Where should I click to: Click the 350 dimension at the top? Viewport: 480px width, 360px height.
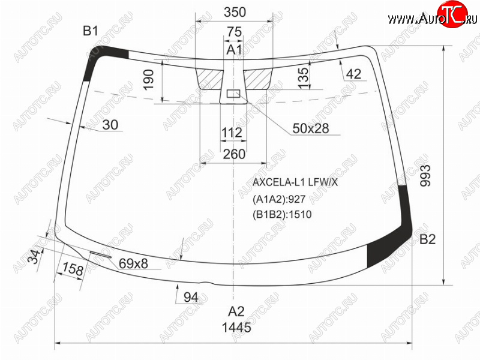[235, 12]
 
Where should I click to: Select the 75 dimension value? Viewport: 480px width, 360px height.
[235, 32]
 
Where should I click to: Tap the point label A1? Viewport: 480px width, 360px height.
[235, 50]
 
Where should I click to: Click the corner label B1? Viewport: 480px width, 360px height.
[91, 31]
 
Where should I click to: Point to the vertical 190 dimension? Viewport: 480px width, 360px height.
[149, 80]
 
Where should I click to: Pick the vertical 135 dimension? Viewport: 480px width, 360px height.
[304, 78]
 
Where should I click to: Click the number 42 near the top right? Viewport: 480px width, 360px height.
[354, 74]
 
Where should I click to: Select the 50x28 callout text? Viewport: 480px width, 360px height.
[311, 128]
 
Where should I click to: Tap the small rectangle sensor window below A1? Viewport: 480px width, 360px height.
[233, 94]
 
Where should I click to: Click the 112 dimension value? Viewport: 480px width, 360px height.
[232, 133]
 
